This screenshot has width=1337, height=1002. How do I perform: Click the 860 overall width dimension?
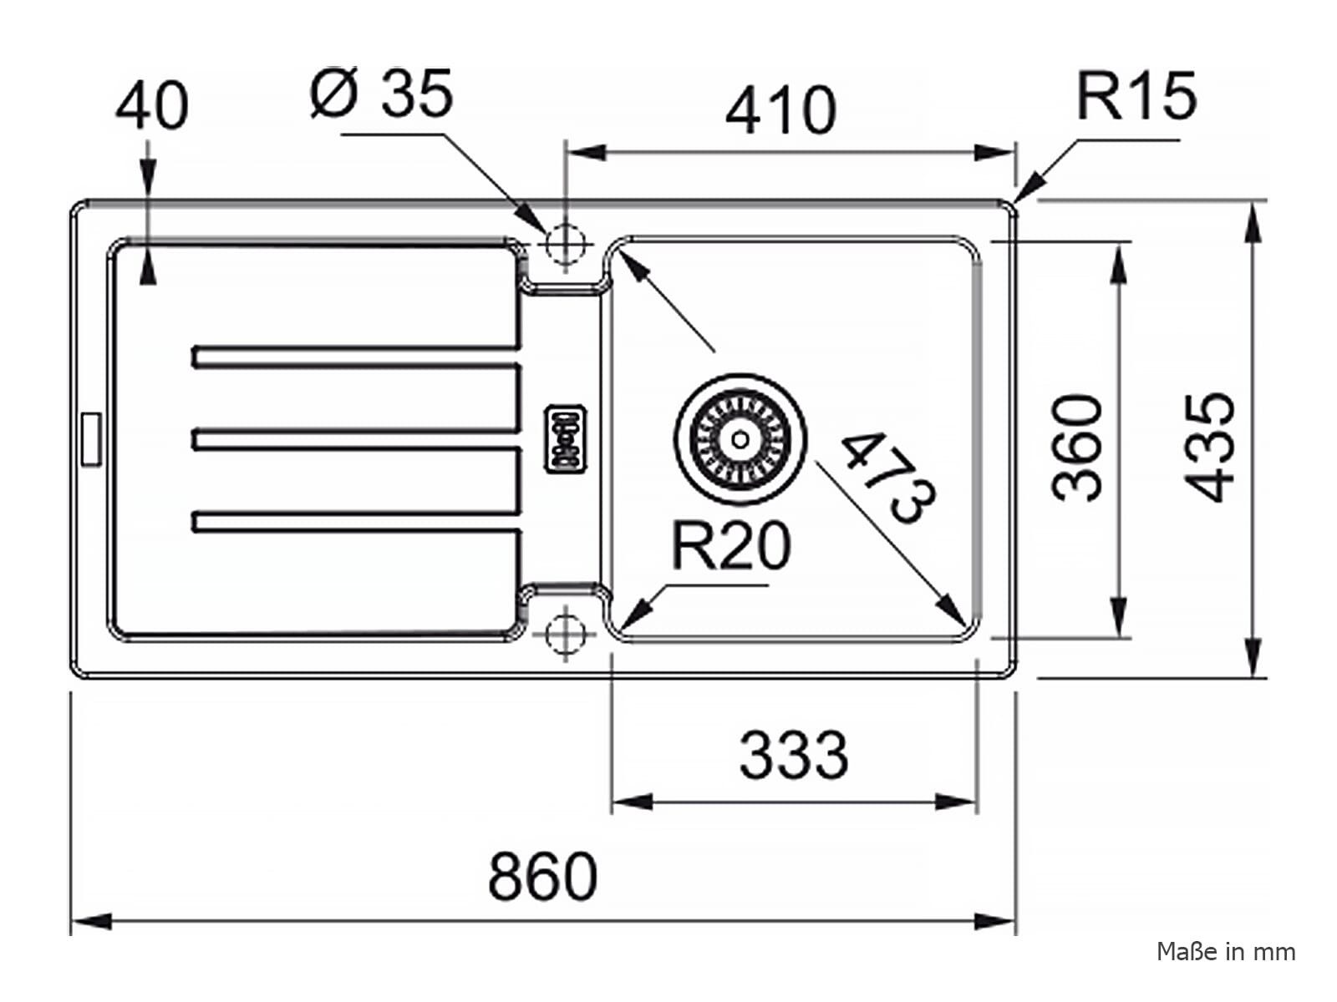point(542,876)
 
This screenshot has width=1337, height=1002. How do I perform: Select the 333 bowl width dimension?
point(794,756)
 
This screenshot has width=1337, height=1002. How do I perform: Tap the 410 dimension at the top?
point(780,110)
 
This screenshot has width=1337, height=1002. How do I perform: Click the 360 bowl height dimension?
point(1077,448)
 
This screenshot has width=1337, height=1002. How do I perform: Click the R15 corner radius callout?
point(1136,96)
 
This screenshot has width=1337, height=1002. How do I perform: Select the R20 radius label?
point(731,545)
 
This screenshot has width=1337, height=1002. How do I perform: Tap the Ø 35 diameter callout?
point(382,93)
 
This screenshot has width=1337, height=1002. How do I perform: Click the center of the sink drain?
point(740,438)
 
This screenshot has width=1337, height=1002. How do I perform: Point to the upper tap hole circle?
point(566,243)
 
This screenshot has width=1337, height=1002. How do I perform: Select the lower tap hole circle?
point(566,634)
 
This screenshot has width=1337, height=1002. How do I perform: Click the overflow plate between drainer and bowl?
point(566,438)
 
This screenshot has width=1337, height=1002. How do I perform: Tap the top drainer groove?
point(356,357)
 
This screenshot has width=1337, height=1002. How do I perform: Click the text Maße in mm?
point(1226,952)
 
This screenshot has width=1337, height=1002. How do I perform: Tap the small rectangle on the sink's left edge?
point(91,440)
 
